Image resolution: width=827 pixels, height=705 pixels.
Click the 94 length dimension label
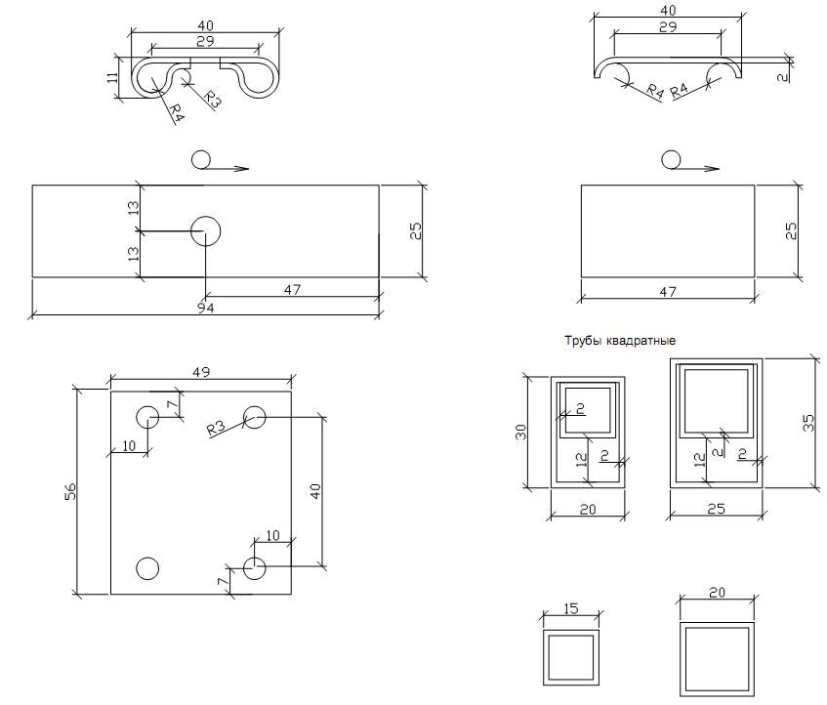(206, 308)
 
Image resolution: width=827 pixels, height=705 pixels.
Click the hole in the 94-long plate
(205, 231)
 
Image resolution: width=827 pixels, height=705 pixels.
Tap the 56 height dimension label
(70, 491)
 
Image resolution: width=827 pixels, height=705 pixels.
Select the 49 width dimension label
(201, 372)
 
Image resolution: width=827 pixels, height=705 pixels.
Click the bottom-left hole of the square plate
(147, 568)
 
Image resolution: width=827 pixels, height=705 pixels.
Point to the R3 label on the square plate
(216, 427)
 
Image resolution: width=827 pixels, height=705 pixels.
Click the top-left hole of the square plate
(147, 417)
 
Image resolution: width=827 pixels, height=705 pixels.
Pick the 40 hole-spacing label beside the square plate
(314, 491)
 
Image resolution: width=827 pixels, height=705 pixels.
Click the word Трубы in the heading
(583, 341)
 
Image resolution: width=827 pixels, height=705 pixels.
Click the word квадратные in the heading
(641, 341)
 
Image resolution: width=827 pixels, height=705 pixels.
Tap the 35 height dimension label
(808, 424)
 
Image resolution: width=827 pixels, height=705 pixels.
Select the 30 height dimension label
(520, 432)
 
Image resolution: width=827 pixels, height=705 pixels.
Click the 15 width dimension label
(570, 609)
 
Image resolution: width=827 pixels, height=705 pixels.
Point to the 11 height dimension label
(112, 77)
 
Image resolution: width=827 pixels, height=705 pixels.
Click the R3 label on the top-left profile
(212, 99)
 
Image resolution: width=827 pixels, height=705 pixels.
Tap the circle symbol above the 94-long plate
(200, 159)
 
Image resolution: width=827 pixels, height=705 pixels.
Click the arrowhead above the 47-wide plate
(712, 169)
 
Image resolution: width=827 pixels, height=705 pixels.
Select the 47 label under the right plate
(668, 292)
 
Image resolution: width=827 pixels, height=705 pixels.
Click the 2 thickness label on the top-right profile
(784, 77)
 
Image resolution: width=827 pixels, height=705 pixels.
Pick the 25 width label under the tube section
(717, 509)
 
